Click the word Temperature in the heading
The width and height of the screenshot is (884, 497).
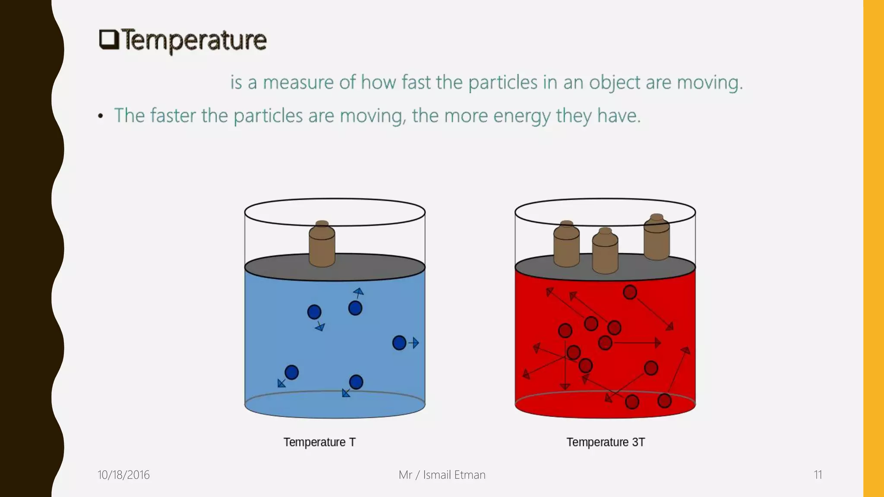point(193,41)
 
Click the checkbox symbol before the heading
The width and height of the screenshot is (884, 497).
point(109,40)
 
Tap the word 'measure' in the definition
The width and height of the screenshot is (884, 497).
point(298,82)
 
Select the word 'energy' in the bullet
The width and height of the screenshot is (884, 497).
point(522,116)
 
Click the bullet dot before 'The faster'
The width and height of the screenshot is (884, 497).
point(101,116)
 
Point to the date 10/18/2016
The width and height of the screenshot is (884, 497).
point(123,475)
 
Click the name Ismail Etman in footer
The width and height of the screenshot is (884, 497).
point(454,475)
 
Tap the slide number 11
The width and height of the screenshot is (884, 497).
point(818,475)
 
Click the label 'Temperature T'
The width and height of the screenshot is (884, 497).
point(319,442)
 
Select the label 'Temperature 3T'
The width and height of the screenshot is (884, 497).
point(606,442)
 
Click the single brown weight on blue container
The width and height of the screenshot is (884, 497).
point(322,245)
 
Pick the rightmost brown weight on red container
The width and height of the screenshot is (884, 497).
point(657,238)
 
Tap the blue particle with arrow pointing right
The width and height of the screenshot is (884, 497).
point(399,343)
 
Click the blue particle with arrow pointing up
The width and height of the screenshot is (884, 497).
point(355,308)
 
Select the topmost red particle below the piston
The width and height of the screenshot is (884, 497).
point(630,293)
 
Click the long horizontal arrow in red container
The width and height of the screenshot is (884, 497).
point(637,343)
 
